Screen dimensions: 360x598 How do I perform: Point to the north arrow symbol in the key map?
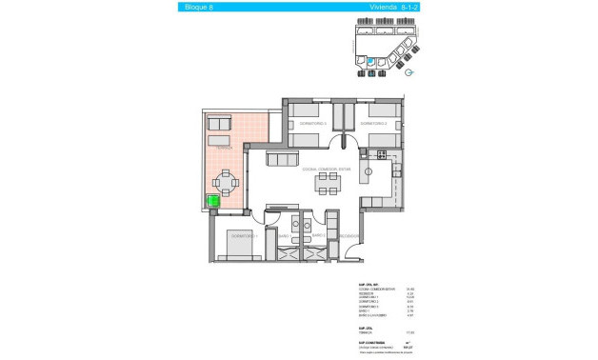(x=408, y=71)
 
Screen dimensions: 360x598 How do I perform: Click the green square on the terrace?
(x=214, y=201)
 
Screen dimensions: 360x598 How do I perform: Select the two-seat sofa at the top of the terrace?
(x=219, y=123)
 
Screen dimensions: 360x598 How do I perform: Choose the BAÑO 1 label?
(x=284, y=235)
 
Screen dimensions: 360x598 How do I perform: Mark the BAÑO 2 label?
(x=318, y=235)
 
